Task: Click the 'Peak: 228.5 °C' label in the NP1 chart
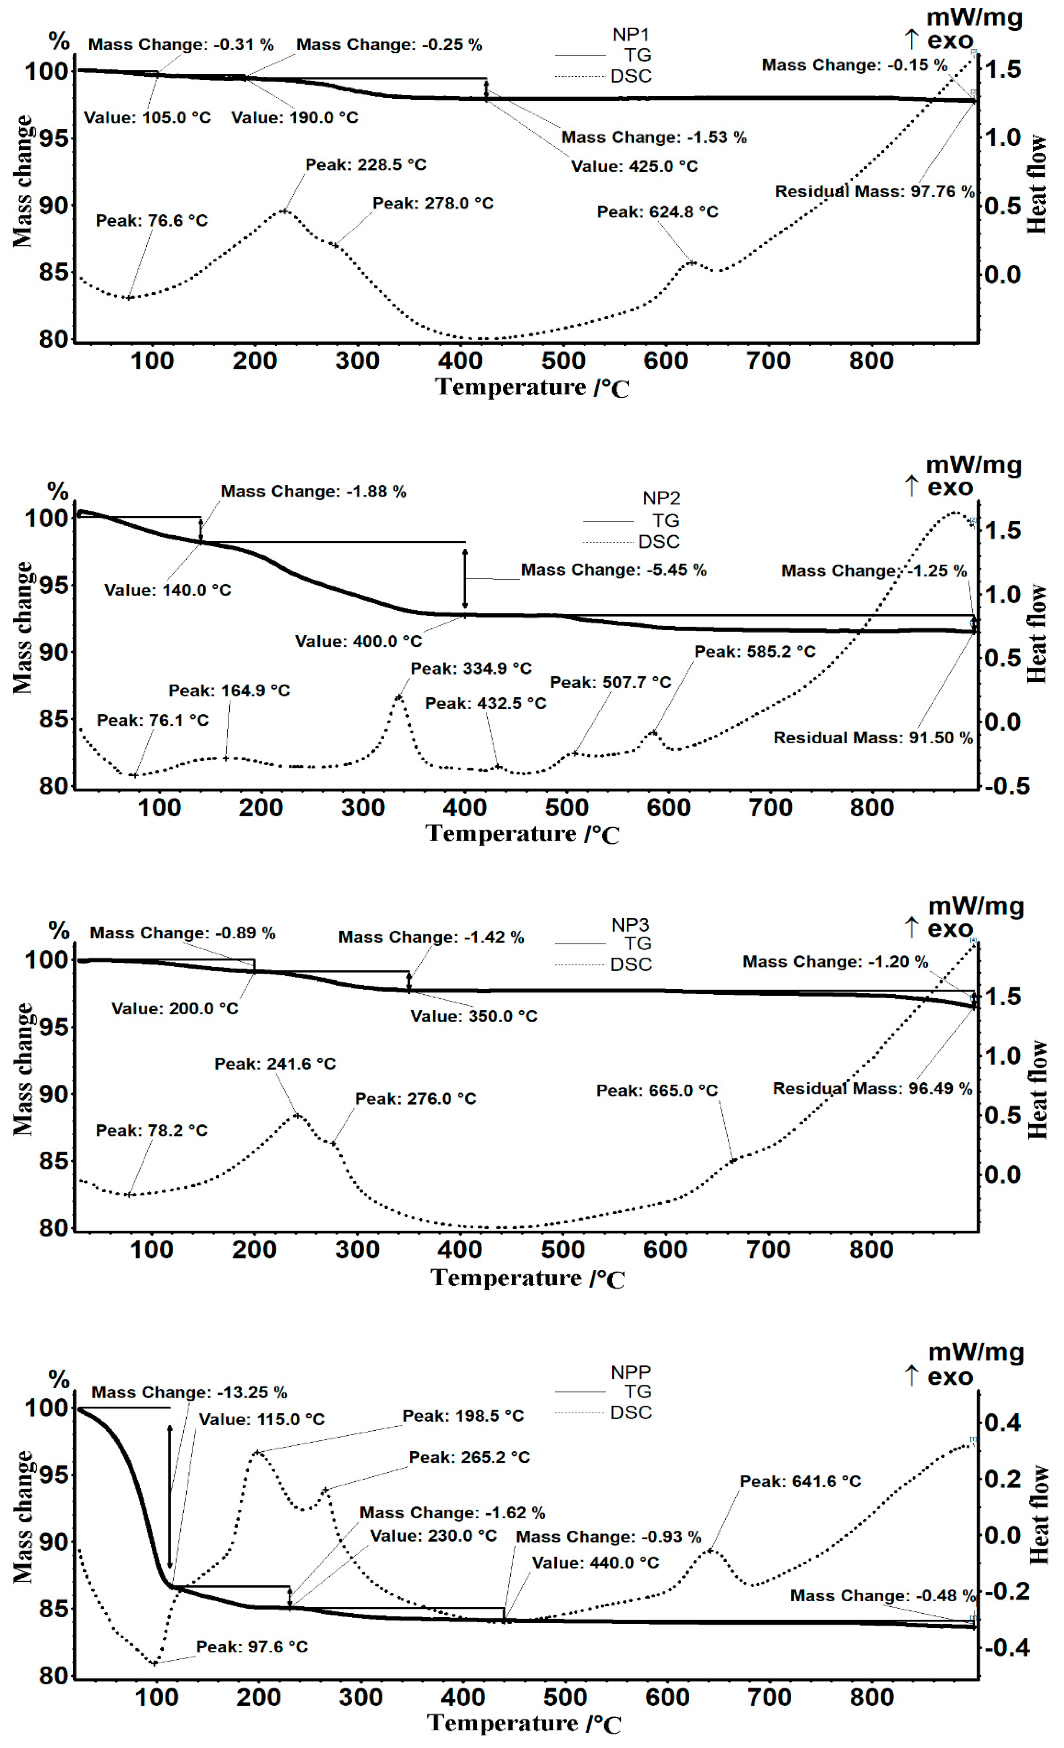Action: click(x=366, y=165)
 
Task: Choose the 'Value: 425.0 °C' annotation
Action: click(x=635, y=166)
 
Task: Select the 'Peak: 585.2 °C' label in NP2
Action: click(x=755, y=651)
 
